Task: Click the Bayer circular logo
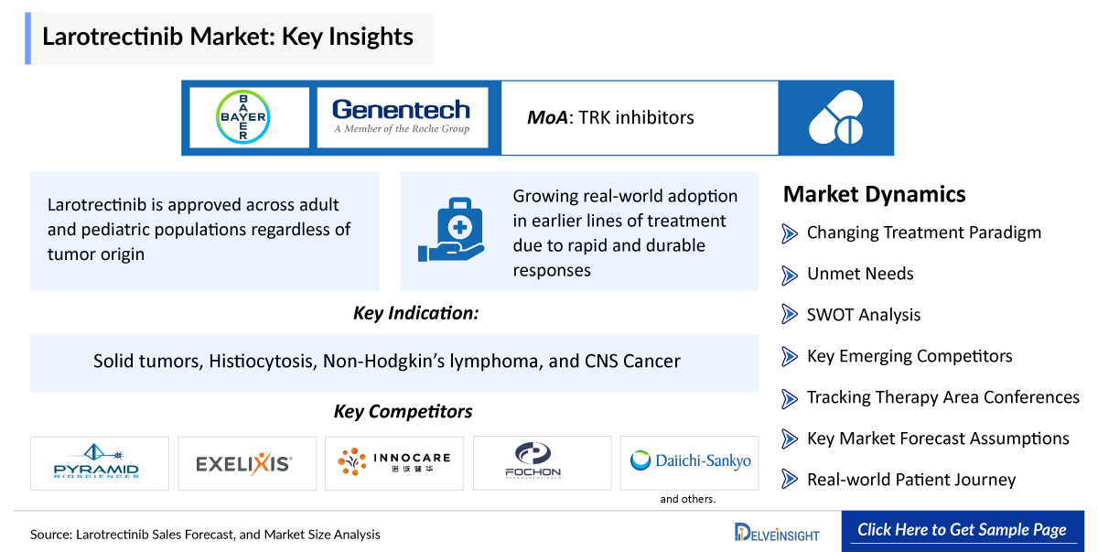pos(242,117)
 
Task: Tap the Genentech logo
pos(402,117)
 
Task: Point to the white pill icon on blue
pos(835,117)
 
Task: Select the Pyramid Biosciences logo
pos(99,463)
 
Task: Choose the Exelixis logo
pos(246,463)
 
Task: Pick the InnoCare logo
pos(393,463)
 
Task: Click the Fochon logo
pos(541,463)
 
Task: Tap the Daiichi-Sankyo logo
pos(690,461)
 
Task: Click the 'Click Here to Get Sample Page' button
pos(962,530)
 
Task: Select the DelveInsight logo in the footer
pos(777,532)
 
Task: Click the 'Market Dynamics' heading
pos(874,194)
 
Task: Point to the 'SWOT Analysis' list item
pos(863,315)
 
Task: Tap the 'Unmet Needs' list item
pos(859,274)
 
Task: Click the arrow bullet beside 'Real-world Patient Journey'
pos(790,480)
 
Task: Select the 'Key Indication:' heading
pos(416,313)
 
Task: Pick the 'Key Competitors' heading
pos(403,412)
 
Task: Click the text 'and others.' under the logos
pos(688,500)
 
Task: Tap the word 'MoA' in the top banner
pos(546,117)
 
